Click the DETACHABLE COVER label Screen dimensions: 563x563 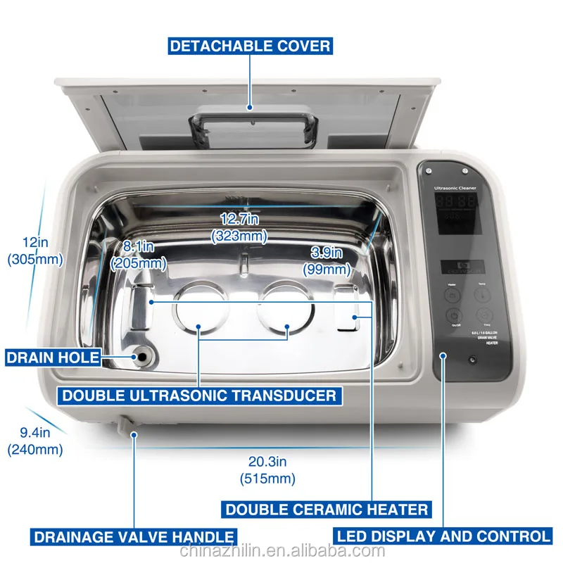pos(250,46)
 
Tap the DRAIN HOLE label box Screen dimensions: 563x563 pos(53,357)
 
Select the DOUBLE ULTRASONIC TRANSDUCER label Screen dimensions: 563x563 pos(199,395)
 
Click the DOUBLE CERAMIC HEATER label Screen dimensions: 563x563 pos(326,509)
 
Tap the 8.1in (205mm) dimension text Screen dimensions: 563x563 pos(138,255)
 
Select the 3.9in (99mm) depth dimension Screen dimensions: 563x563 pos(327,260)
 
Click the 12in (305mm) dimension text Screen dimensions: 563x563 pos(34,250)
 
